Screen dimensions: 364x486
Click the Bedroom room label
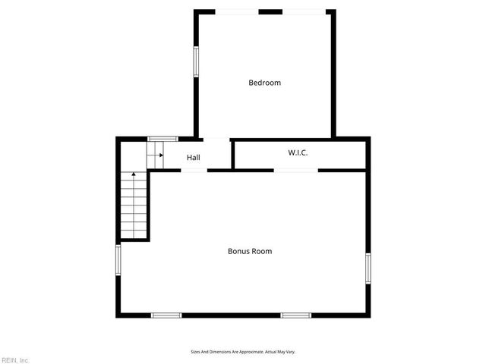coord(264,83)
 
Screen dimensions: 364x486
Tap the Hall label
coord(194,158)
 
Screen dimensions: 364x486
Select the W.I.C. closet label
coord(298,153)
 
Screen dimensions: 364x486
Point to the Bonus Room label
coord(250,251)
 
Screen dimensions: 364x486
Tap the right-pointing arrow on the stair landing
coord(160,155)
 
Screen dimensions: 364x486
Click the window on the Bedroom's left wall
coord(195,61)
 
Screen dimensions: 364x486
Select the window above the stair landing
coord(163,138)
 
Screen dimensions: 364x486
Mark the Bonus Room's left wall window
coord(118,260)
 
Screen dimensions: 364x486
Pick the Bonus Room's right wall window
coord(368,269)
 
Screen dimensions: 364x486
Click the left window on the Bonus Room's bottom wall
coord(166,315)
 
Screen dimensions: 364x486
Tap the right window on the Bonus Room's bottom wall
coord(295,315)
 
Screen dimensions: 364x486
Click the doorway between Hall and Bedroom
coord(216,139)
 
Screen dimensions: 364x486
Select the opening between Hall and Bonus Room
coord(194,170)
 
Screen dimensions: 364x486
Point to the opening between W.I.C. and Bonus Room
coord(296,170)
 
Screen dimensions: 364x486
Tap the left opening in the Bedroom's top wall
coord(237,11)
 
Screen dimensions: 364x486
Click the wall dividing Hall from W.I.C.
coord(232,154)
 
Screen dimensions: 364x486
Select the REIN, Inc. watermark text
coord(14,359)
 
